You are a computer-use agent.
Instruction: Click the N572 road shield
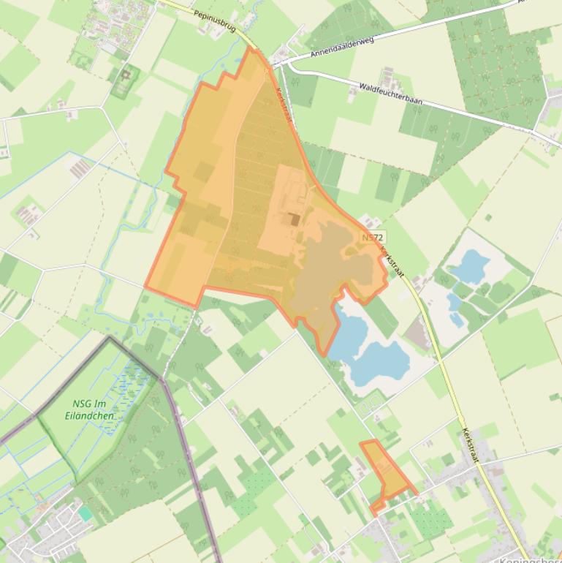pyautogui.click(x=372, y=238)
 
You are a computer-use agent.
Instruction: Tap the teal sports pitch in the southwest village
pyautogui.click(x=86, y=513)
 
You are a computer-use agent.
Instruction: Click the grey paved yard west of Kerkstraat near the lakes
pyautogui.click(x=417, y=335)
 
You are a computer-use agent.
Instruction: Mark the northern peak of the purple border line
pyautogui.click(x=111, y=338)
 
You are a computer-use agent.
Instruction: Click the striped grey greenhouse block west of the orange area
pyautogui.click(x=80, y=169)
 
